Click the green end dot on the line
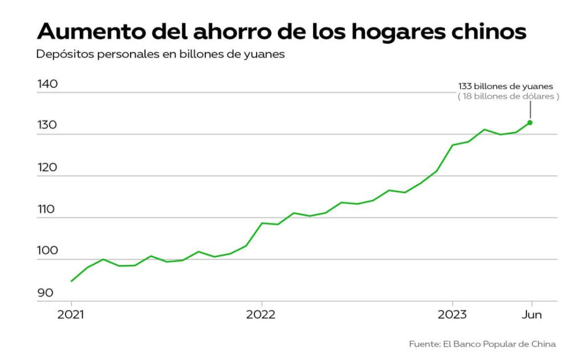point(530,123)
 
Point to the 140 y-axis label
point(47,84)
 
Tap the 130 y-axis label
point(47,126)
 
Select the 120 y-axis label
point(47,168)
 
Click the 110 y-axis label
point(47,209)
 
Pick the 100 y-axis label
point(47,251)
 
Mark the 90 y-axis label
point(46,293)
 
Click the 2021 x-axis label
point(71,314)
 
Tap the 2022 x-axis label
point(261,314)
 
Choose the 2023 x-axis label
point(452,314)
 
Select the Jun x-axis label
point(532,314)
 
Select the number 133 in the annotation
point(465,86)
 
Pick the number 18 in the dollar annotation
point(467,96)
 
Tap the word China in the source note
point(543,344)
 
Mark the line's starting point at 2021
point(71,281)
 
